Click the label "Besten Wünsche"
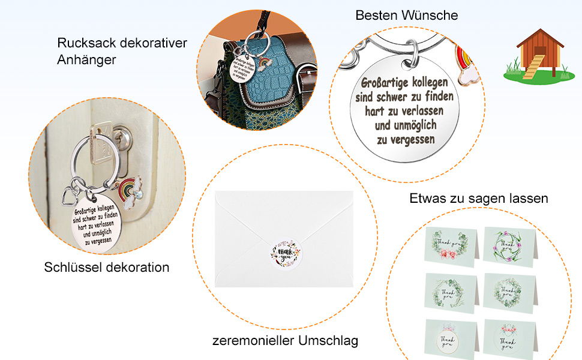click(x=406, y=15)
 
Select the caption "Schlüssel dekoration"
click(x=107, y=267)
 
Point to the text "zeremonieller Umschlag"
click(x=285, y=341)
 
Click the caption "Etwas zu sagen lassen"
click(x=478, y=198)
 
